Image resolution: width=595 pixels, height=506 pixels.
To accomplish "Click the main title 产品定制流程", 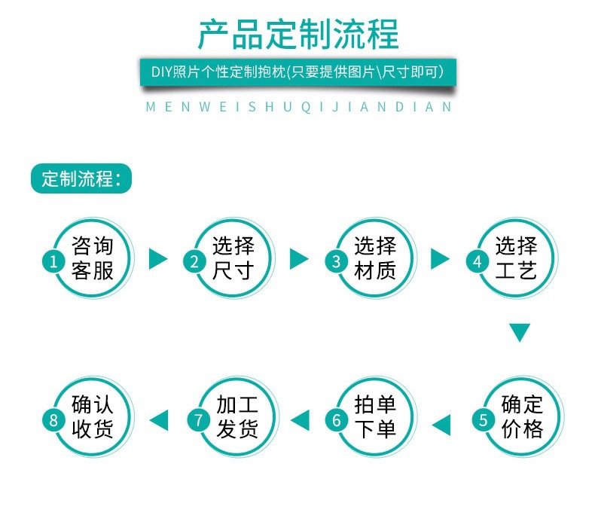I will tap(297, 35).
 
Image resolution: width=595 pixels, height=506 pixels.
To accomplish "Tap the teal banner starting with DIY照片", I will tap(297, 72).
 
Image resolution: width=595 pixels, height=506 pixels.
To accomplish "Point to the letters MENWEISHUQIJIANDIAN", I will tap(298, 107).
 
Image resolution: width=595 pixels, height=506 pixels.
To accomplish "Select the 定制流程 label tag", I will tap(81, 179).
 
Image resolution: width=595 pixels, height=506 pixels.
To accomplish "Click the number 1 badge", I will tap(53, 261).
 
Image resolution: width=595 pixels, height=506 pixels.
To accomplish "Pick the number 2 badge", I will tap(194, 261).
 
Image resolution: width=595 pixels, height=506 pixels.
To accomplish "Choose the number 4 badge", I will tap(477, 261).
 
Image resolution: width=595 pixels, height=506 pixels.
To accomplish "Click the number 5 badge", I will tap(484, 420).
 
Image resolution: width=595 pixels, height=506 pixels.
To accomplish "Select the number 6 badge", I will tap(337, 420).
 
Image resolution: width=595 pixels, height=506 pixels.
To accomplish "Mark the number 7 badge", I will tap(199, 420).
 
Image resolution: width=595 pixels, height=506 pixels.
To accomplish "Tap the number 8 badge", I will tap(53, 420).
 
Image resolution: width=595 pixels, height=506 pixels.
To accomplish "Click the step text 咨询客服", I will tap(93, 258).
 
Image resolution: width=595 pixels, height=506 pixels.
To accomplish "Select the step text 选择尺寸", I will tap(233, 258).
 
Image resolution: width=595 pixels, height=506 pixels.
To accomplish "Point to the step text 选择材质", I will tap(374, 258).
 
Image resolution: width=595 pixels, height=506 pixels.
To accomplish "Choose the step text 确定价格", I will tap(522, 416).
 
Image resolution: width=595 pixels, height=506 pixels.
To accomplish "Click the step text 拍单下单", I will tap(375, 416).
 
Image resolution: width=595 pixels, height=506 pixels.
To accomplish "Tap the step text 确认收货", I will tap(93, 416).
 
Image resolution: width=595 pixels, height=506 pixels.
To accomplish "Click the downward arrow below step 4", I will tap(520, 332).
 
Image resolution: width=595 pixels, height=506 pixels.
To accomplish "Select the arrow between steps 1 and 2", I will tap(157, 259).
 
